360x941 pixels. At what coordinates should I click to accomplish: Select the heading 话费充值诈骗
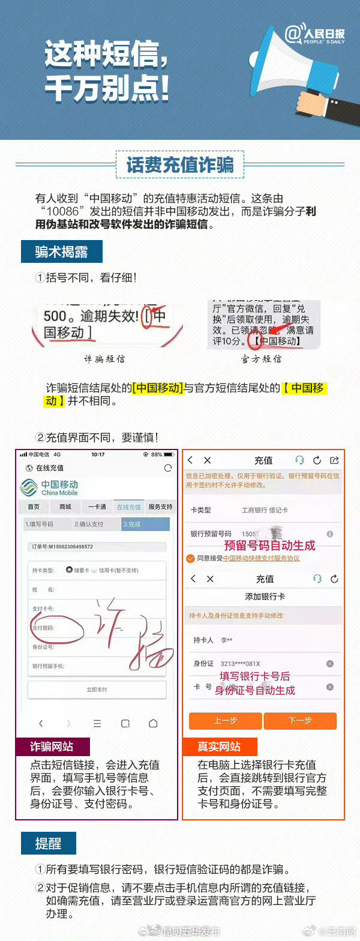tap(179, 164)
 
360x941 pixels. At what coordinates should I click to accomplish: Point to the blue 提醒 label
tap(49, 843)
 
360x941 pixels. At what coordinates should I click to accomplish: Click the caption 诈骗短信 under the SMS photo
tap(104, 359)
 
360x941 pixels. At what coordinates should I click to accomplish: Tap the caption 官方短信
tap(261, 359)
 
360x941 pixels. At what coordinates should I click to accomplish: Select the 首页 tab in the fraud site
tap(34, 507)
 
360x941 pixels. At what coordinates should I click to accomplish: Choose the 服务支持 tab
tap(160, 507)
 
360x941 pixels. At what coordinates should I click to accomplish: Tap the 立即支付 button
tap(97, 690)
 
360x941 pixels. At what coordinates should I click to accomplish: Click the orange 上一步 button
tap(225, 721)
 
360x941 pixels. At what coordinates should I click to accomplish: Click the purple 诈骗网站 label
tap(52, 747)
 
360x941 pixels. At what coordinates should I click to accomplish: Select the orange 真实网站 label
tap(220, 747)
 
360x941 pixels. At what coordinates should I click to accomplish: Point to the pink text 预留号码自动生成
tap(269, 546)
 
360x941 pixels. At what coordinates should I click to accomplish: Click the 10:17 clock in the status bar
tap(98, 454)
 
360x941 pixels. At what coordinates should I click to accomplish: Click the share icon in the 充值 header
tap(334, 460)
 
